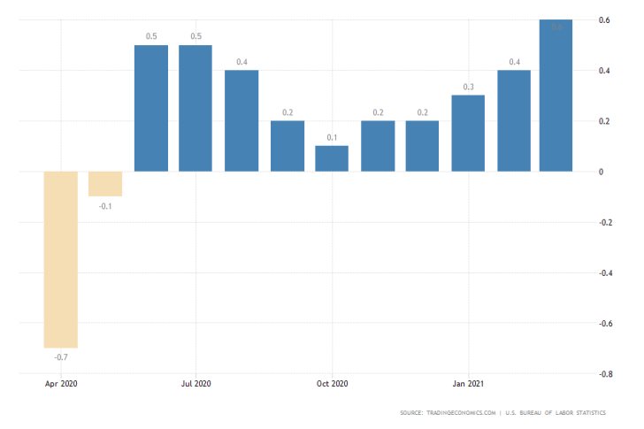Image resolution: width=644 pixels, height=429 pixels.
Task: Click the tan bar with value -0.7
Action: click(61, 259)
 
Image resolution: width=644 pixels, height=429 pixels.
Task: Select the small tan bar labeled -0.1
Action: click(105, 183)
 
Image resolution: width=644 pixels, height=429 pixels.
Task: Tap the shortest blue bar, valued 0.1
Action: click(332, 158)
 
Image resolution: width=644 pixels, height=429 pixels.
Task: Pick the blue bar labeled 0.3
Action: click(468, 133)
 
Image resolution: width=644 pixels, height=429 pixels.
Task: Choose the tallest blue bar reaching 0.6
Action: click(556, 96)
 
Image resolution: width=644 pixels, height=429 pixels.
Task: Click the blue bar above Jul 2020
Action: click(195, 108)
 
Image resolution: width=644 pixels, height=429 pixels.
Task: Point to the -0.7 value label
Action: click(61, 356)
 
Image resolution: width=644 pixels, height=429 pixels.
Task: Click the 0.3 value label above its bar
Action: click(468, 87)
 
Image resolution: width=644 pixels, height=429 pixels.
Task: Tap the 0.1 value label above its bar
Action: click(332, 137)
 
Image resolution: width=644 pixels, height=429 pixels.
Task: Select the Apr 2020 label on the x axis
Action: click(61, 384)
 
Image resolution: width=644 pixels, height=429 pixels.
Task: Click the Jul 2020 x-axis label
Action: click(195, 384)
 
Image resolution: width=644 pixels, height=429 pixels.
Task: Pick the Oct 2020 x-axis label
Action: click(332, 384)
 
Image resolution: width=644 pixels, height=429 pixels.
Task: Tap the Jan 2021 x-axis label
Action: click(468, 384)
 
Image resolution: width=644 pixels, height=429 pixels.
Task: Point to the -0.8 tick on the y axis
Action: click(607, 374)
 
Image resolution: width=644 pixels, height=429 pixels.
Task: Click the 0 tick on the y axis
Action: click(602, 172)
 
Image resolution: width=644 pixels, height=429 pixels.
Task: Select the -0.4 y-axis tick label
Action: click(607, 272)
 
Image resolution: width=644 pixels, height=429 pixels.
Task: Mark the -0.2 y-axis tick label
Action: click(607, 222)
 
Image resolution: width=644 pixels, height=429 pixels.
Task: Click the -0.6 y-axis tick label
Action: click(607, 324)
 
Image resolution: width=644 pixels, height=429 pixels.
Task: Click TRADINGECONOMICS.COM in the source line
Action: click(458, 413)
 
